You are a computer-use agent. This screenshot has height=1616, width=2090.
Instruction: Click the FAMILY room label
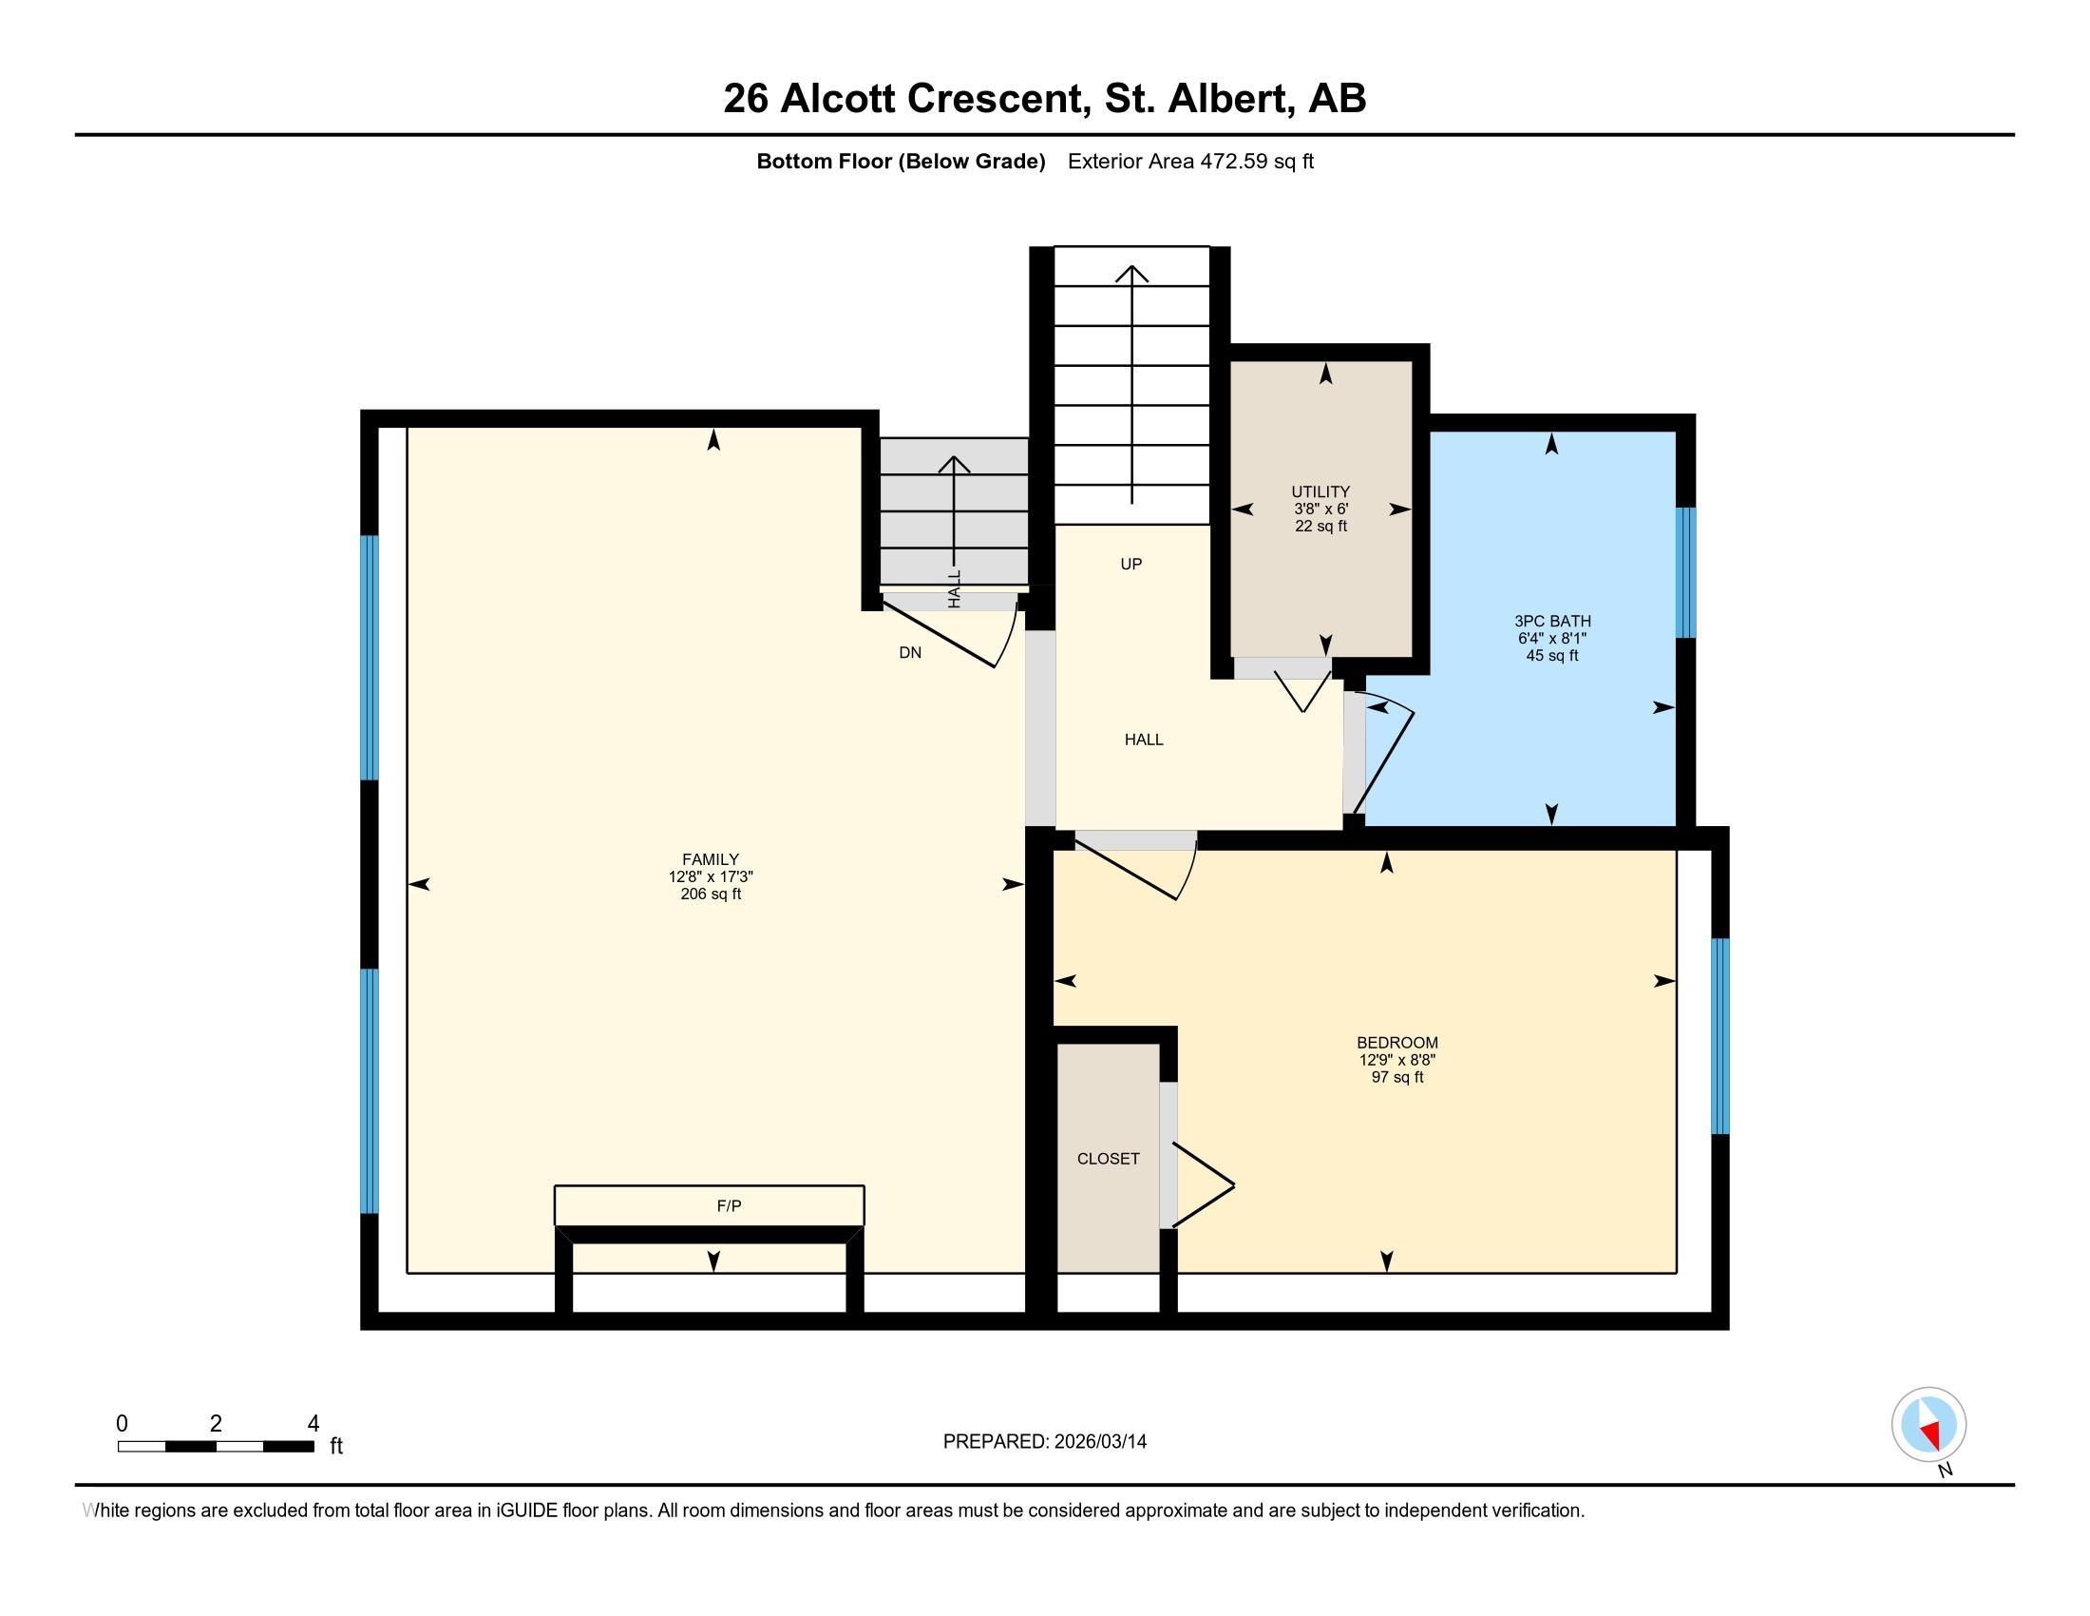pos(710,858)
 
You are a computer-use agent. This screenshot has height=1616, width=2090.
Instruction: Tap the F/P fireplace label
pos(729,1205)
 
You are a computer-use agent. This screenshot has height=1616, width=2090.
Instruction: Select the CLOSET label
pos(1108,1159)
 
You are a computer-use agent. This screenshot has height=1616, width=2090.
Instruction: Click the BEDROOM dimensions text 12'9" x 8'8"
pos(1397,1060)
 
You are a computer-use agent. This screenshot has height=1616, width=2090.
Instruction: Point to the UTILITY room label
pos(1320,491)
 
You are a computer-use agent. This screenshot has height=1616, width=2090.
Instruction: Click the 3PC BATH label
pos(1552,621)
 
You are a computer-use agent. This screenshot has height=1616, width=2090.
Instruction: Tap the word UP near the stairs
pos(1131,564)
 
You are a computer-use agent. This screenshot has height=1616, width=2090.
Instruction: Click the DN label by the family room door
pos(910,653)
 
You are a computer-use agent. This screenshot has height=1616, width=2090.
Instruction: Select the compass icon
pos(1928,1424)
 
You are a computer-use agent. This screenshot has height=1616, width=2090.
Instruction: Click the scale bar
pos(217,1447)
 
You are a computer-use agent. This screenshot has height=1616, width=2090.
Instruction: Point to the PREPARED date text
pos(1044,1441)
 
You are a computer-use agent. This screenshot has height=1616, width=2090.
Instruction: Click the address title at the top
pos(1044,98)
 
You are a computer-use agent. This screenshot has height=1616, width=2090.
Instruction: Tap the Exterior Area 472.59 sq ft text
pos(1190,161)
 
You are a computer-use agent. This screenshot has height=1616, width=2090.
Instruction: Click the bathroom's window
pos(1685,572)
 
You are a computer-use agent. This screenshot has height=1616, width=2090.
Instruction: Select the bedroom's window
pos(1719,1036)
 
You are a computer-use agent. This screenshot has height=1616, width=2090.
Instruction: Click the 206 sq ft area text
pos(710,895)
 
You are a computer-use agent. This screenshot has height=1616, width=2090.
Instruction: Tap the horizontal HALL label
pos(1144,739)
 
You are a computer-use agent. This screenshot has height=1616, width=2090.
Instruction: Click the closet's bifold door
pos(1203,1185)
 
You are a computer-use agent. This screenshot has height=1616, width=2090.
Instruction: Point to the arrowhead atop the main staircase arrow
pos(1132,272)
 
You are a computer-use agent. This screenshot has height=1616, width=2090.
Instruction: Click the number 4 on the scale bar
pos(313,1423)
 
